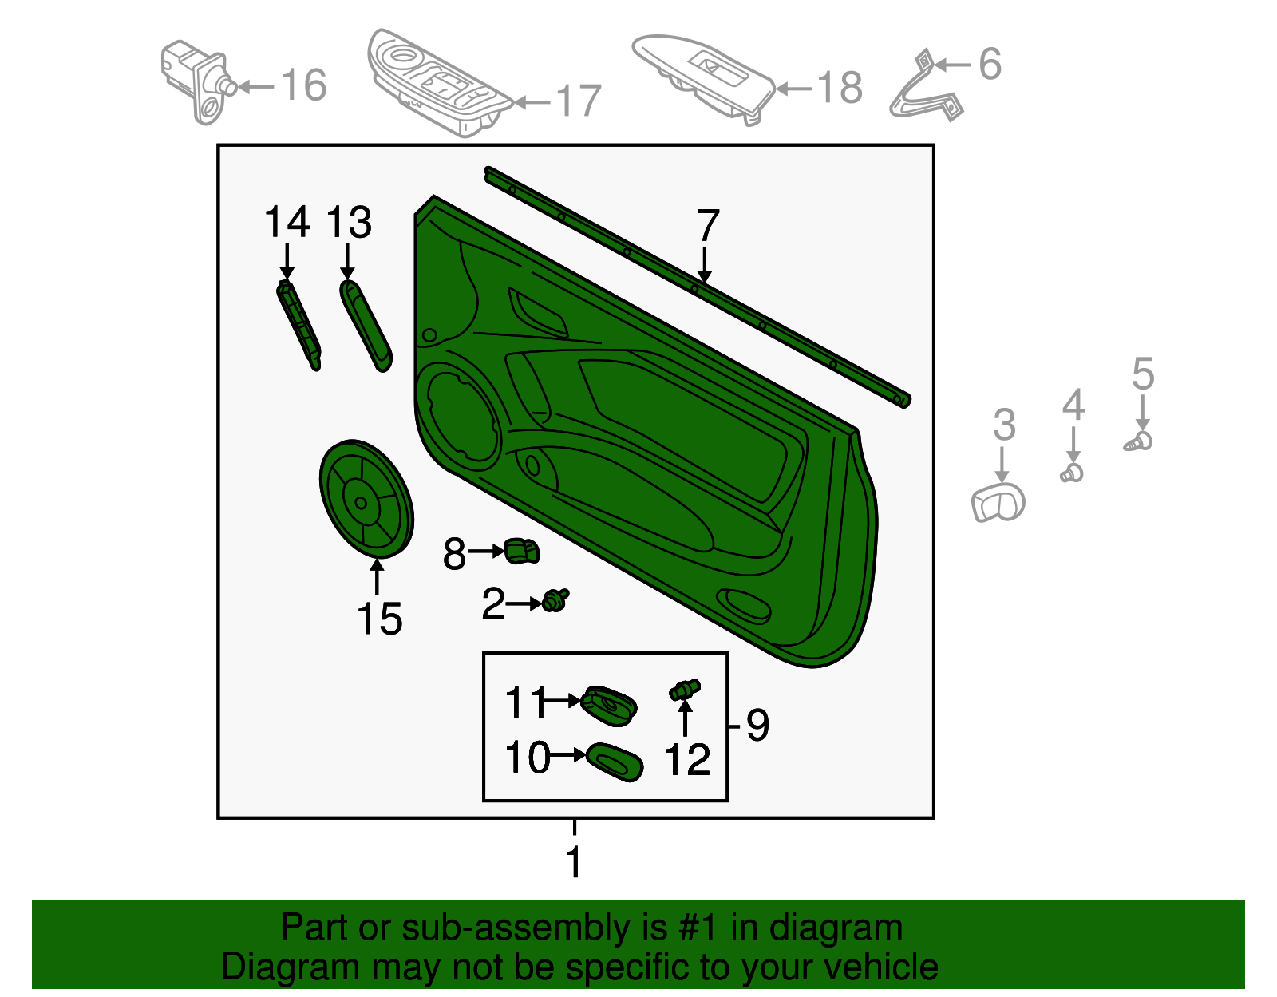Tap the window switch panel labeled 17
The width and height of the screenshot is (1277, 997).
435,84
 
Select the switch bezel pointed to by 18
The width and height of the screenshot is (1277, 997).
702,76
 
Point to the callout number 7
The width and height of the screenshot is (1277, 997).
708,226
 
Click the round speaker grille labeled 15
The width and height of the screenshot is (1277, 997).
366,499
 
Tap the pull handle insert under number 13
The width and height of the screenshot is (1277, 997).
366,326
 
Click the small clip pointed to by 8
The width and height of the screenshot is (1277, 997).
521,550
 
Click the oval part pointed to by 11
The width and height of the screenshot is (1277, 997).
610,706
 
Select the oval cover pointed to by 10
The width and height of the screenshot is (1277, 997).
615,761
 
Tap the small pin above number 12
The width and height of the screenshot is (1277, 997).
685,689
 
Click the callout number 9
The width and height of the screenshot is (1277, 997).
757,725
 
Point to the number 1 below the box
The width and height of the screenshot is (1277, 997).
574,862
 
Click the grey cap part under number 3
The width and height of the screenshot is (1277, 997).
998,503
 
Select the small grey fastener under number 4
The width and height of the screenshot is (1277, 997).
1073,473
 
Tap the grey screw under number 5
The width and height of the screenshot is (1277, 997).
1140,441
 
